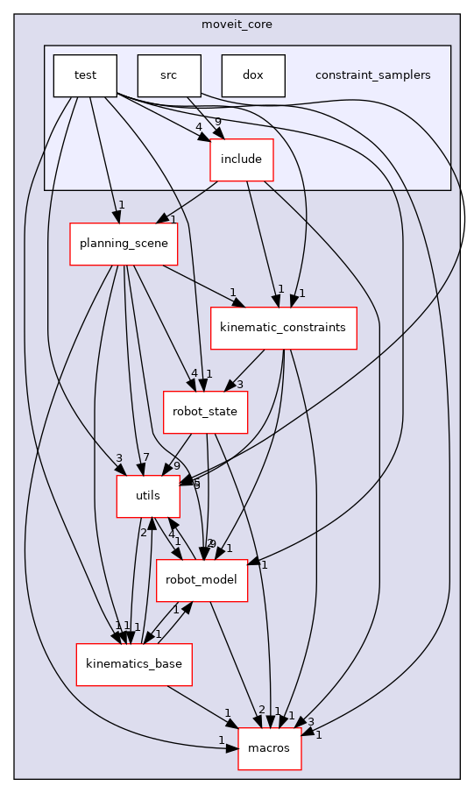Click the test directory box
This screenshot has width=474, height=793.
click(x=85, y=75)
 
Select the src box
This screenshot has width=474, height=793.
click(x=169, y=75)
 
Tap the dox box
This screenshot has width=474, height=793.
click(x=253, y=75)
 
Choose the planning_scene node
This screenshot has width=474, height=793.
click(x=124, y=244)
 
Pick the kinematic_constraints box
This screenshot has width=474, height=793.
click(x=284, y=328)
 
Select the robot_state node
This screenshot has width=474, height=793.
click(x=206, y=412)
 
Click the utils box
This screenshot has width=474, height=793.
click(x=149, y=497)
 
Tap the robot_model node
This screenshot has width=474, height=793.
click(x=202, y=580)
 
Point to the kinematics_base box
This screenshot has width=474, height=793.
click(x=134, y=664)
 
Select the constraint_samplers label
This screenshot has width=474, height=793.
click(x=372, y=75)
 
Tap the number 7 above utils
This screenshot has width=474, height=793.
click(x=145, y=458)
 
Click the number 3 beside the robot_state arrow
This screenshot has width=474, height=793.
click(x=238, y=384)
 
